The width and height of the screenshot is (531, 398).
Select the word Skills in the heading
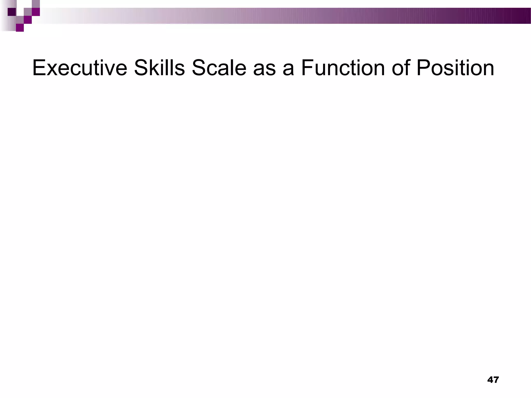click(x=159, y=68)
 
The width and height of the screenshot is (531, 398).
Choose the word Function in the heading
click(x=343, y=68)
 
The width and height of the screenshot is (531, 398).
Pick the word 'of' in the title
click(x=400, y=68)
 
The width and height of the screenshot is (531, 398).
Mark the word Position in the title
click(x=455, y=68)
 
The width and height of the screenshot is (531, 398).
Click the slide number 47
click(x=493, y=380)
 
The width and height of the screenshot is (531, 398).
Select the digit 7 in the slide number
click(x=496, y=380)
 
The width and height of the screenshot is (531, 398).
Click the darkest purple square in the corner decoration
click(x=12, y=12)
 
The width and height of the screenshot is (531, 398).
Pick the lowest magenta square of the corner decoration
click(x=20, y=28)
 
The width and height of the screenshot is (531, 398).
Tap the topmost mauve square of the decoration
click(x=36, y=4)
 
